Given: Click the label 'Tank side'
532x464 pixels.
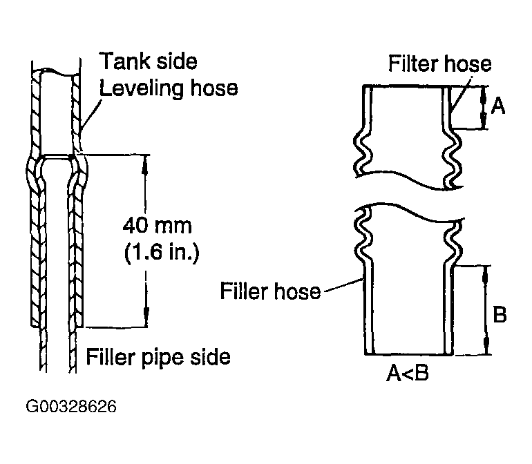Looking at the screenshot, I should tap(149, 61).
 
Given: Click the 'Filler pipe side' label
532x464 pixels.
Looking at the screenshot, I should tap(158, 357).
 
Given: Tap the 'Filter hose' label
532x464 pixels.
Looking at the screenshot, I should tap(439, 64).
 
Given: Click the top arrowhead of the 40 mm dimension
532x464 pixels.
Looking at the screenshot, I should tap(146, 160).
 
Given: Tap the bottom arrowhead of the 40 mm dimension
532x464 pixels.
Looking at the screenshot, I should tap(146, 321).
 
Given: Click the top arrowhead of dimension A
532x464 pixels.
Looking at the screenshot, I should tap(483, 90).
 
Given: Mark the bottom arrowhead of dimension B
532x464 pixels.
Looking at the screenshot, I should tap(487, 349).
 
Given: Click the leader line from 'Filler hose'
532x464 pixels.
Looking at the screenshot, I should tap(342, 286).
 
